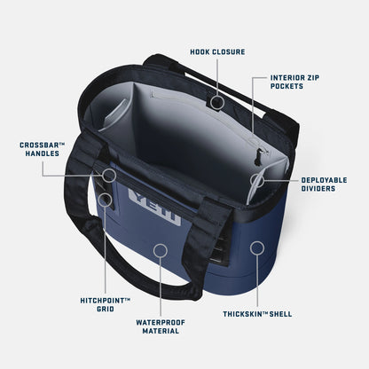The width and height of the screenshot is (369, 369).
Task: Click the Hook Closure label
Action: (x=217, y=52)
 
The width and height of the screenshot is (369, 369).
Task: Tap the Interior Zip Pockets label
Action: (x=294, y=82)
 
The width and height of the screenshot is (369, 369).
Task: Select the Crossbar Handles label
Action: (x=43, y=149)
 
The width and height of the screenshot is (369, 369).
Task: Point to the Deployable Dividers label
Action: (x=324, y=184)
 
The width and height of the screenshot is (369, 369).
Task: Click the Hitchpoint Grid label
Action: (x=106, y=304)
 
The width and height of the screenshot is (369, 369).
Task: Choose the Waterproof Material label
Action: (x=161, y=326)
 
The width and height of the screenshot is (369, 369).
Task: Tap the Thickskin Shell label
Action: (x=257, y=314)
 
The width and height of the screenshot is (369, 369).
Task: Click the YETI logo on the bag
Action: (x=154, y=207)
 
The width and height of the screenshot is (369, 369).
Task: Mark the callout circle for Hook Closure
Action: (x=217, y=102)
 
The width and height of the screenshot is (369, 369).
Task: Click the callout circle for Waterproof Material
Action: (x=161, y=251)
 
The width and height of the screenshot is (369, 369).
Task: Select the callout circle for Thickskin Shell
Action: (x=257, y=248)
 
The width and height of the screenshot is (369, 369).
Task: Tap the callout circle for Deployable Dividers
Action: (x=257, y=180)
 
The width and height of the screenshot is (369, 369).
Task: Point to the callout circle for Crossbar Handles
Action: (x=109, y=176)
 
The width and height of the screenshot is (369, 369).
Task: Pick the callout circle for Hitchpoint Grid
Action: (x=106, y=200)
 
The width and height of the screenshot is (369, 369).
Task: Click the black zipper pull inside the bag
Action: (x=258, y=156)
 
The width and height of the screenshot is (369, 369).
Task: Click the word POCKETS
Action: (x=287, y=86)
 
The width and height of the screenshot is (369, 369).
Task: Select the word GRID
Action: (x=106, y=309)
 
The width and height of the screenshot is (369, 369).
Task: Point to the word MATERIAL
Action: (x=161, y=331)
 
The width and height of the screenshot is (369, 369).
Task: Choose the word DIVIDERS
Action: (x=318, y=188)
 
